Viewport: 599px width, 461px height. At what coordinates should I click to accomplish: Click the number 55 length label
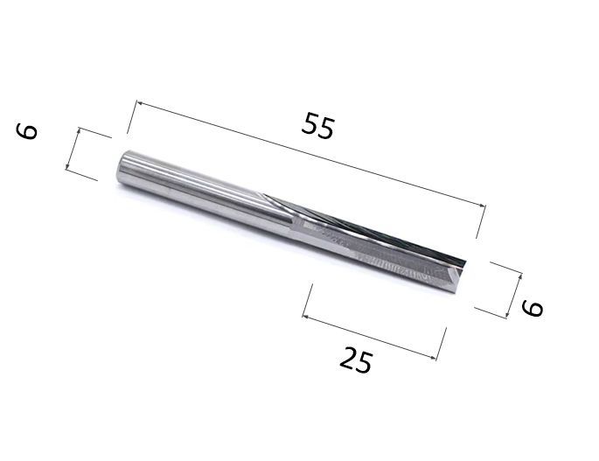point(317,125)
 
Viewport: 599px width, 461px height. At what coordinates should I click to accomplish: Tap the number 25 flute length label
point(356,360)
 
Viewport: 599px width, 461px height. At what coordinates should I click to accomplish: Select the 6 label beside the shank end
point(26,131)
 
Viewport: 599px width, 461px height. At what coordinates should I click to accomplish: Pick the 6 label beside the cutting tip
point(532,308)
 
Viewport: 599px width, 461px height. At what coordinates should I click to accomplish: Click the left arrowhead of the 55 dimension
point(139,103)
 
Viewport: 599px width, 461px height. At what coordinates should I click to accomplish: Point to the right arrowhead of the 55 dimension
point(483,206)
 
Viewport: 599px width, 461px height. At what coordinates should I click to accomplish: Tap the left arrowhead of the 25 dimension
point(305,316)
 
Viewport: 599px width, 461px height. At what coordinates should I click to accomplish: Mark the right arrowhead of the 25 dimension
point(433,358)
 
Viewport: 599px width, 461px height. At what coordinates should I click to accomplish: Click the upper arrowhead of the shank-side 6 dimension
point(79,130)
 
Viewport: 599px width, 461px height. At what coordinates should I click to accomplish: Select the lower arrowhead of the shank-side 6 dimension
point(67,166)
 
